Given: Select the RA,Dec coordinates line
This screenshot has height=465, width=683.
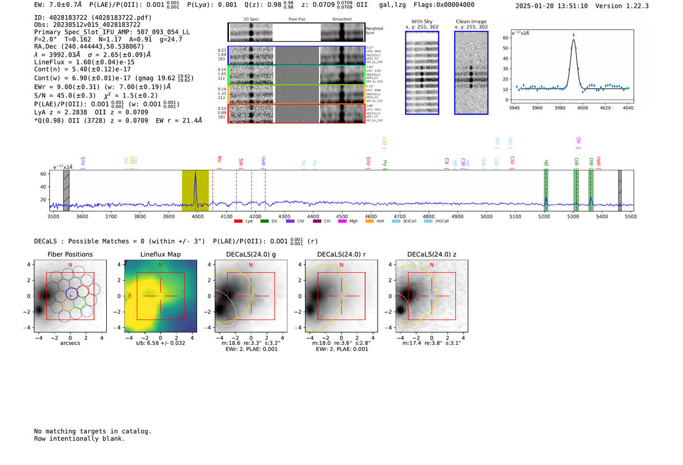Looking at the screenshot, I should (x=89, y=46).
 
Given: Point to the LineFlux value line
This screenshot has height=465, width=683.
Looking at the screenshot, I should (x=84, y=62).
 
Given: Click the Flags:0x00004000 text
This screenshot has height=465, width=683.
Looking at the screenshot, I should (x=444, y=5).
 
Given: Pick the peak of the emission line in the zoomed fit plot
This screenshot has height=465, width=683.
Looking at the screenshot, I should (x=573, y=35).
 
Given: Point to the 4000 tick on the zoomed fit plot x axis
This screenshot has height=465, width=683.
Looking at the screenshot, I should (x=583, y=108).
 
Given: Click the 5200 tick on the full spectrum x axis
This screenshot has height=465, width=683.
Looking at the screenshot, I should (x=544, y=216).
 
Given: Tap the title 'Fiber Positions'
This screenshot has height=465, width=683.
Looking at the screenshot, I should (x=70, y=254).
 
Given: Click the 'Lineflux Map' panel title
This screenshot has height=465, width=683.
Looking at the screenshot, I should (x=161, y=254).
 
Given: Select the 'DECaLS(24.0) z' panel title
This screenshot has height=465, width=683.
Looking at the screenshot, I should (x=432, y=254).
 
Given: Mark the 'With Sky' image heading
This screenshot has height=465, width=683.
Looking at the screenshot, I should (x=422, y=21).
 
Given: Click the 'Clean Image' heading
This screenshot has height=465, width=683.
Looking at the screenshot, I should (x=471, y=21).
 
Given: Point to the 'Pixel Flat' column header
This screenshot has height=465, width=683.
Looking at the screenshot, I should (x=297, y=20).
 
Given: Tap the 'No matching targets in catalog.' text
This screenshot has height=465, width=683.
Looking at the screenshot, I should (x=93, y=431).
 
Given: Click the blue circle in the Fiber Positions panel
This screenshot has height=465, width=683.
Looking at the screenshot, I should (x=72, y=294).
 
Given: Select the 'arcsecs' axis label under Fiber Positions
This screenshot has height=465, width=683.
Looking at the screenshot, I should (x=70, y=344).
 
